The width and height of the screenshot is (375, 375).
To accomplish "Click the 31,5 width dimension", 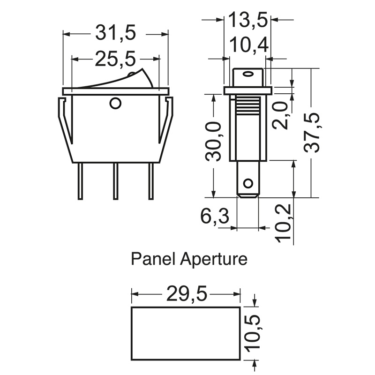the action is click(115, 33).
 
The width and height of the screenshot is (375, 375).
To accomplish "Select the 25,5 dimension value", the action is click(115, 59).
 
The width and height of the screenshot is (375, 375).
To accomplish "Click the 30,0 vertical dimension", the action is click(214, 142).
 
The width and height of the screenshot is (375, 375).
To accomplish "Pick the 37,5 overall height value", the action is click(312, 133).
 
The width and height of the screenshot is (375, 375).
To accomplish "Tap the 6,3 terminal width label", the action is click(215, 216).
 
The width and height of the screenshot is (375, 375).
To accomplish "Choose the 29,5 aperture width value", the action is click(187, 294).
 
